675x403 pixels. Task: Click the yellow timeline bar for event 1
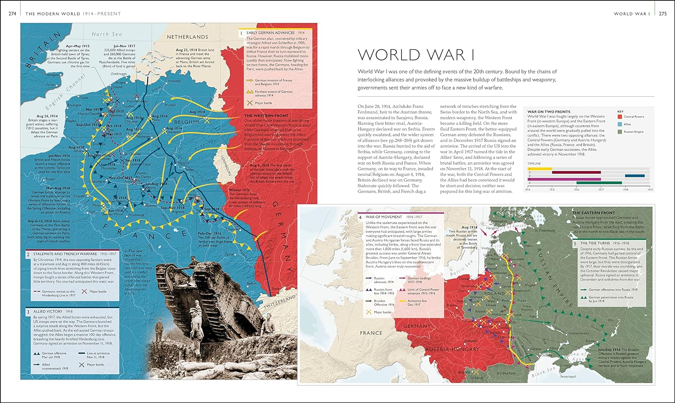coord(540,169)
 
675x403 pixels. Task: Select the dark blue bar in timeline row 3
coord(634,176)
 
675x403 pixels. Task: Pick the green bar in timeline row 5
coord(599,183)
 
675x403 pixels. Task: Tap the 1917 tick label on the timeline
coord(601,190)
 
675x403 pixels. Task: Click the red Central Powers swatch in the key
coord(620,116)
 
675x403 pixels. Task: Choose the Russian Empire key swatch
coord(620,132)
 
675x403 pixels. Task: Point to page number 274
coord(13,13)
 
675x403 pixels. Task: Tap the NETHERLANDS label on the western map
coord(187,37)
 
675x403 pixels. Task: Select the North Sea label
coord(107,34)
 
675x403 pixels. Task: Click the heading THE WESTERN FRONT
coord(266,116)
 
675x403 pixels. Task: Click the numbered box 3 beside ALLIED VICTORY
coord(28,312)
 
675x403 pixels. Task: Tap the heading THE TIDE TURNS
coord(595,243)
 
